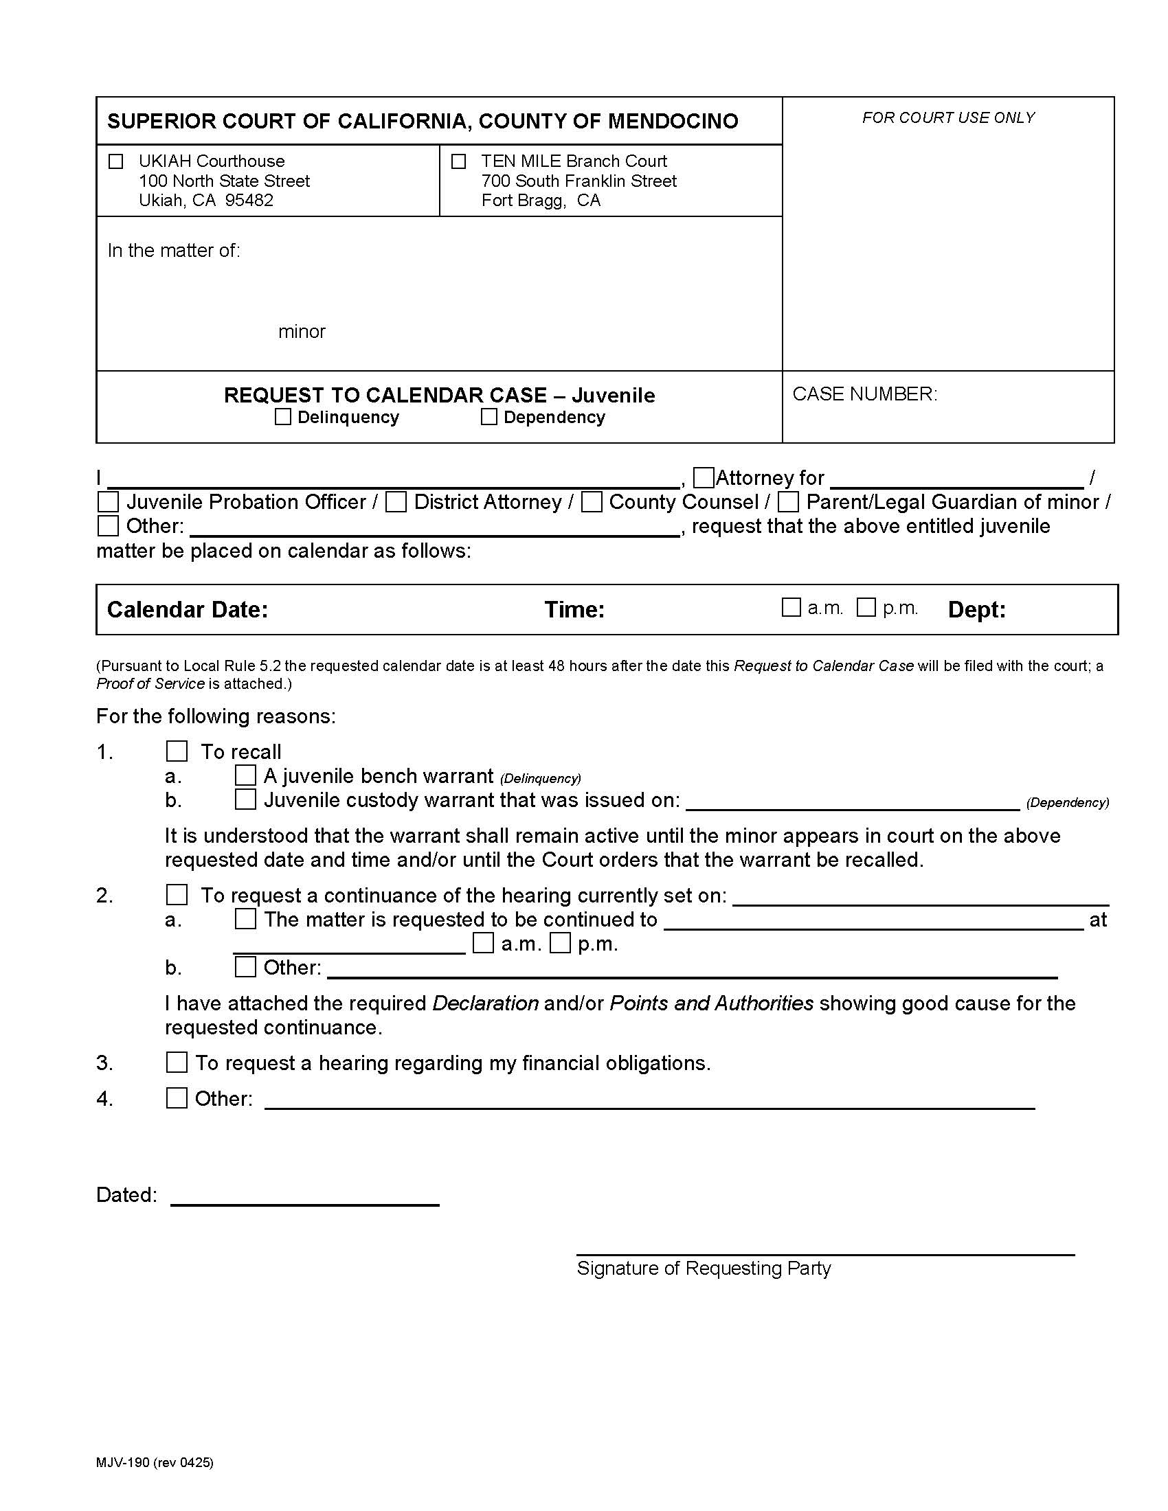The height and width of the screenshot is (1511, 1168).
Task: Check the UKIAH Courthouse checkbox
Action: point(115,162)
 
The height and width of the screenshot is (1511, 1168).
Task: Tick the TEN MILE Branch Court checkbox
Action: point(458,162)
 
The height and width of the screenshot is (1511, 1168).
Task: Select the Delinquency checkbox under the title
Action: point(282,416)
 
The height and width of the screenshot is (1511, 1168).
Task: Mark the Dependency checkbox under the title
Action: point(488,416)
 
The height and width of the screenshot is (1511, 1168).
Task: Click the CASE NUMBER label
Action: point(864,394)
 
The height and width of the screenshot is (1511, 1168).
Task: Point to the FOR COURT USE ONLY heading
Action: point(948,117)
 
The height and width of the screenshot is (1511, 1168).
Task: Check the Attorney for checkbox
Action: point(703,477)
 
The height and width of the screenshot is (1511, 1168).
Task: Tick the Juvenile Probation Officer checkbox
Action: point(108,501)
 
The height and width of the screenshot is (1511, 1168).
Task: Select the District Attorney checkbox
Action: point(396,501)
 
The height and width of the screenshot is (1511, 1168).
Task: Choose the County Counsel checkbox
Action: point(591,501)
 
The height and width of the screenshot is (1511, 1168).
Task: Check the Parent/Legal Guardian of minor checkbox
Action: point(788,501)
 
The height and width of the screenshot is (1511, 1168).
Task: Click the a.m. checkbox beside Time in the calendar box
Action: point(790,607)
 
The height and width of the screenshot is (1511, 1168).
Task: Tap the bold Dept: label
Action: point(976,609)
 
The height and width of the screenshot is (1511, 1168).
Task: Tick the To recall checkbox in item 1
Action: point(177,751)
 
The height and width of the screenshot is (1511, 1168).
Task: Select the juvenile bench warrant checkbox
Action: point(245,775)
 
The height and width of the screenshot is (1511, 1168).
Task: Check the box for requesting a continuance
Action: point(177,894)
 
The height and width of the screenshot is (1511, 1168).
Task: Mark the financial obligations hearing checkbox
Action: point(177,1062)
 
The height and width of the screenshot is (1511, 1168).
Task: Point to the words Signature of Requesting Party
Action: point(703,1268)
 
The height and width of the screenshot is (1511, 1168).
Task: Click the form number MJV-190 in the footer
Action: point(122,1462)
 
